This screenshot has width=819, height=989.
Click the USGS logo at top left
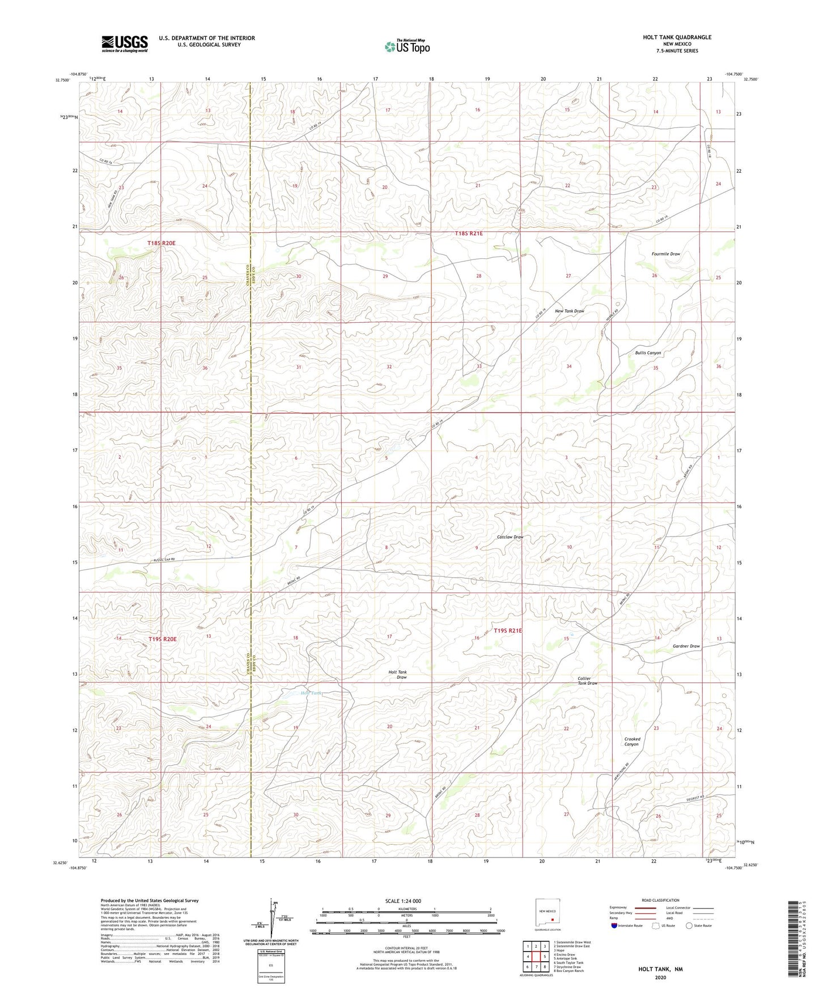(124, 44)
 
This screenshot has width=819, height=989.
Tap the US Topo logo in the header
(406, 46)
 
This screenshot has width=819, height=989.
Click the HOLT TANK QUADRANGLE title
(677, 37)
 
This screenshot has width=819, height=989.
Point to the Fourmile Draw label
(665, 254)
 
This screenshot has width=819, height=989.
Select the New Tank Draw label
(569, 311)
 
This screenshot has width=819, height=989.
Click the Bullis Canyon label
(648, 353)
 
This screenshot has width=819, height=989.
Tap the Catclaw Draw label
(510, 537)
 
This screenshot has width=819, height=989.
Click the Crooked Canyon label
(632, 741)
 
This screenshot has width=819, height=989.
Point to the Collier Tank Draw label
(587, 681)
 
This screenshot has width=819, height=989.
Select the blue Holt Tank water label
(311, 693)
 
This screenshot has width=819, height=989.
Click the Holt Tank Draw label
(398, 675)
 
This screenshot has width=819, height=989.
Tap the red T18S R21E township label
(469, 233)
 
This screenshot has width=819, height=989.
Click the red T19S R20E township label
(162, 639)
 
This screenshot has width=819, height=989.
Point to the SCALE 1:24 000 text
(403, 901)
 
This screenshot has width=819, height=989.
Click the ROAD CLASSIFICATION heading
(660, 900)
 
